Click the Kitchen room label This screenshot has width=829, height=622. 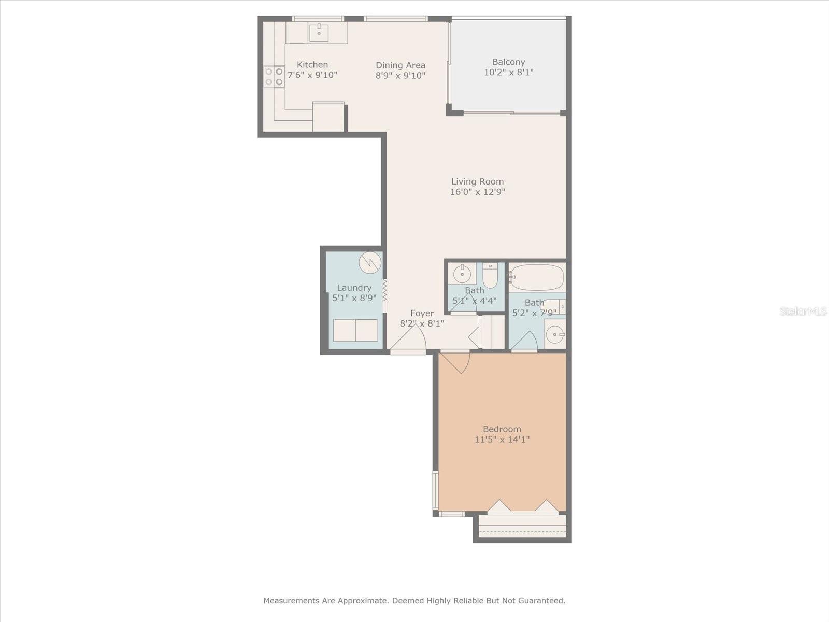click(x=312, y=65)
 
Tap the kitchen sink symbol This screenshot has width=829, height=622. click(x=319, y=33)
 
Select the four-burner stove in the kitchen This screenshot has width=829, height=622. click(x=274, y=76)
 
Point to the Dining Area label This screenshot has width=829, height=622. click(x=401, y=65)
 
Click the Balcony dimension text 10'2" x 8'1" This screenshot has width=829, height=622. click(x=508, y=73)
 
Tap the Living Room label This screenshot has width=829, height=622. click(x=477, y=182)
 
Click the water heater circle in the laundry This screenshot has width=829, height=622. click(x=370, y=263)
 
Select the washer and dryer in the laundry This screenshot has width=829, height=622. click(x=355, y=330)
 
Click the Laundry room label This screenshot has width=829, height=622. click(x=354, y=288)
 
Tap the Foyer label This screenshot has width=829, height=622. click(x=422, y=314)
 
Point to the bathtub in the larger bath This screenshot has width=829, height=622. click(x=537, y=277)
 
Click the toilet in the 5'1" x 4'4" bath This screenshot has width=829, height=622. click(x=490, y=275)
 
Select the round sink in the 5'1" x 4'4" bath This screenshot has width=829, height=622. click(x=461, y=273)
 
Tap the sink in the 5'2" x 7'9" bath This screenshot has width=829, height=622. click(x=555, y=334)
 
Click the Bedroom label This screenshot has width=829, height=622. click(x=502, y=429)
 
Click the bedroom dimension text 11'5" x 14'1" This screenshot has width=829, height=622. click(x=502, y=440)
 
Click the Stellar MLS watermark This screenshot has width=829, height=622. click(x=803, y=312)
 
